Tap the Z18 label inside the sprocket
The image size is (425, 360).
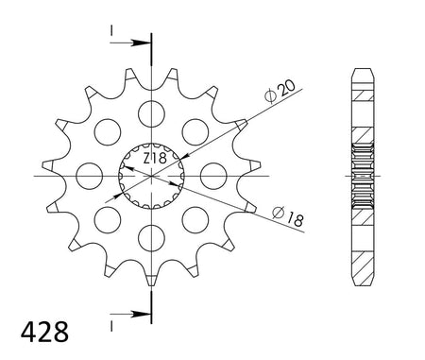click(x=157, y=158)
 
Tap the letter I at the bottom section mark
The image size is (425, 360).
click(x=111, y=321)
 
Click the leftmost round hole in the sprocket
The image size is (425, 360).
click(x=89, y=175)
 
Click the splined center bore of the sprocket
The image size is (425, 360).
click(x=149, y=176)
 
